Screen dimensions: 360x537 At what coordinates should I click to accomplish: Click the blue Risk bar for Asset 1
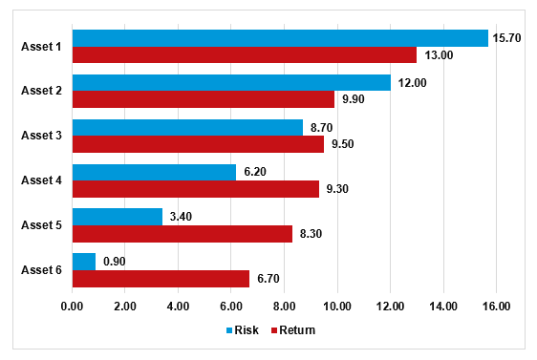point(280,38)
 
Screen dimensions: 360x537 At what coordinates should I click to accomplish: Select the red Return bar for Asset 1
point(245,55)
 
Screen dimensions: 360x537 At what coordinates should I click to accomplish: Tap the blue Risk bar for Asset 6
point(84,262)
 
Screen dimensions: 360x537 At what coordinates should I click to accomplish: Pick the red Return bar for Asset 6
point(161,279)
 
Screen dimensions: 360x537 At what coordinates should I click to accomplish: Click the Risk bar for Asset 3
point(187,127)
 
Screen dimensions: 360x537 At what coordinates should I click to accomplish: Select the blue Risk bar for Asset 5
point(118,217)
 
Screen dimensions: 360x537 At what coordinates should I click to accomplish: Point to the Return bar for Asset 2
point(204,99)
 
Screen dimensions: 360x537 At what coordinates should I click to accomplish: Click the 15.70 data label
point(506,38)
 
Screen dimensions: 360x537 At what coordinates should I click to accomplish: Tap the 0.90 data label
point(115,262)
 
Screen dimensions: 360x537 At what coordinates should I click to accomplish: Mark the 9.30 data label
point(338,189)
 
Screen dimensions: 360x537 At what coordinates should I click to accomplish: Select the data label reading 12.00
point(413,83)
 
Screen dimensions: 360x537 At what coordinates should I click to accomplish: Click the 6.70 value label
point(269,279)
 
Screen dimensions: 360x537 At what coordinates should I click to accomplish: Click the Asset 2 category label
point(42,91)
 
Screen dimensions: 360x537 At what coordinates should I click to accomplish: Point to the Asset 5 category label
point(42,225)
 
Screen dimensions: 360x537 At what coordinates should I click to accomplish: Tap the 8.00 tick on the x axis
point(284,307)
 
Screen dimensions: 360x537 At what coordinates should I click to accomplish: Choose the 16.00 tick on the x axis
point(496,307)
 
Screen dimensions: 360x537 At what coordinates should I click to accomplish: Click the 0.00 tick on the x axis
point(73,307)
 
